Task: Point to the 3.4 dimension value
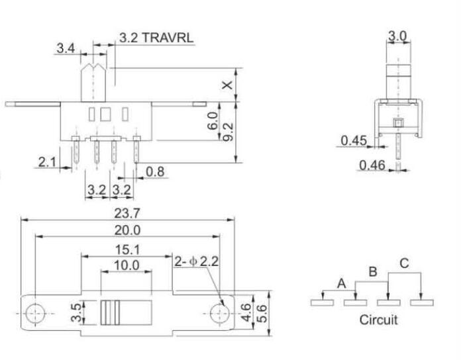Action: [x=66, y=48]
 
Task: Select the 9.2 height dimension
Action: [x=228, y=131]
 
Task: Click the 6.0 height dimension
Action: [x=213, y=121]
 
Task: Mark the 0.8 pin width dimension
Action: [x=156, y=172]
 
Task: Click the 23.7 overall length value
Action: [x=127, y=214]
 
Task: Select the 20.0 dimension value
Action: [x=127, y=230]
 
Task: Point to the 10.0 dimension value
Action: [x=127, y=265]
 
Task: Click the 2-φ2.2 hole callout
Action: [x=197, y=261]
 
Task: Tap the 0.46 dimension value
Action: [x=372, y=164]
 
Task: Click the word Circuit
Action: [x=378, y=320]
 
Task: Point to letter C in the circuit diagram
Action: [x=404, y=263]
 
